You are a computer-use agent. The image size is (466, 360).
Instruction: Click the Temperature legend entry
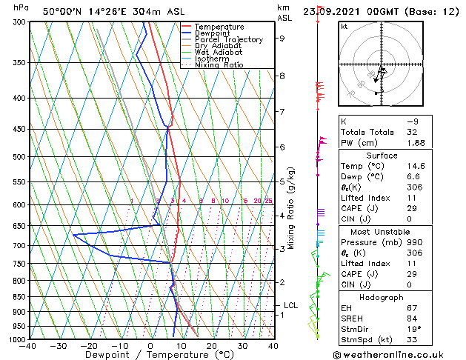coord(220,27)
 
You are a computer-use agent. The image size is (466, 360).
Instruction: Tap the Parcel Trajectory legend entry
coord(228,40)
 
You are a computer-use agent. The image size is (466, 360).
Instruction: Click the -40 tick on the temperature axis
coord(28,346)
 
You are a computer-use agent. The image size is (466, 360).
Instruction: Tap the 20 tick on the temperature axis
coord(212,346)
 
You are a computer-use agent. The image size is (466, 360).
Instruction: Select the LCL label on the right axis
coord(290,305)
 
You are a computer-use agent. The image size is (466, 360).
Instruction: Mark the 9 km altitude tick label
coord(282,39)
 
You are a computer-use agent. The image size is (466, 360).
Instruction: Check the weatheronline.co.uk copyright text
coord(399,354)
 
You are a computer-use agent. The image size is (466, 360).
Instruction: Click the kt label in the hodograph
coord(344,27)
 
